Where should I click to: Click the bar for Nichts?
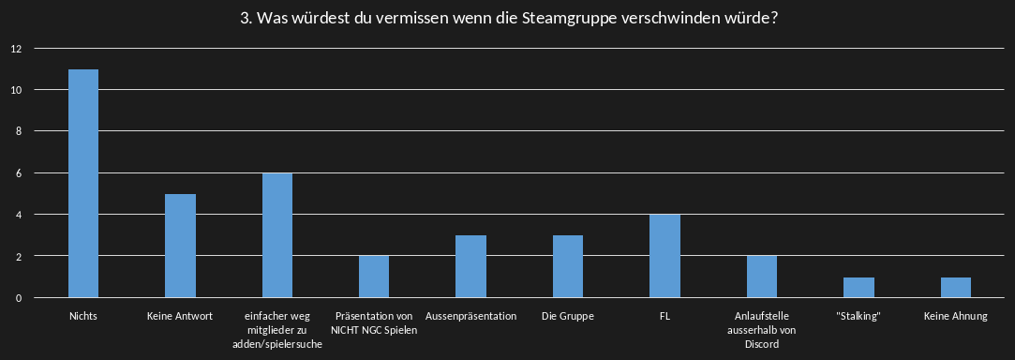83,184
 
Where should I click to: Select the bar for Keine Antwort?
180,246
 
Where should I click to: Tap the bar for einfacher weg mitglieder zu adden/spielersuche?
277,235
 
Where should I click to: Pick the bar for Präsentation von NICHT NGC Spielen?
374,277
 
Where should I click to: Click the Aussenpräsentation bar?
470,266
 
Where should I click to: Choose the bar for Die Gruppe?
568,266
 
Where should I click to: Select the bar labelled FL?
664,256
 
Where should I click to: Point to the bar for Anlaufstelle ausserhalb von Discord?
762,277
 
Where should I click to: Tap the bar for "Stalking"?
858,288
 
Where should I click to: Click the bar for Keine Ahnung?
956,288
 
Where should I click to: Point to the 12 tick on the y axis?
17,49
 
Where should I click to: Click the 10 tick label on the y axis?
17,90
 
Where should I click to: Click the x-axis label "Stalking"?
858,317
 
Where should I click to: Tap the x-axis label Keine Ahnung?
956,317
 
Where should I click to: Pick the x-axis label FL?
664,317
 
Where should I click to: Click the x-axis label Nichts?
83,317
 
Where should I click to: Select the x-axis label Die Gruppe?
568,317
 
